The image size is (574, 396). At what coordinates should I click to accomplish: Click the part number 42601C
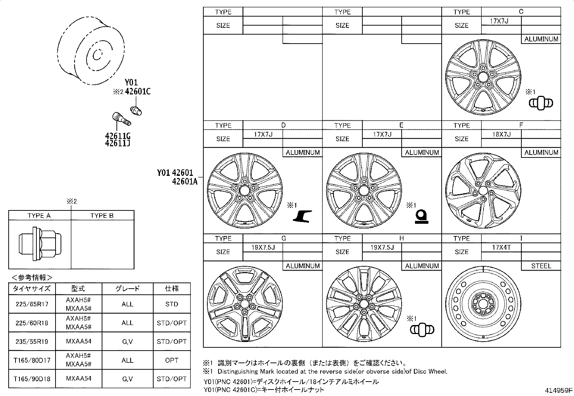[138, 92]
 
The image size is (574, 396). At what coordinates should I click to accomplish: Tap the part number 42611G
[118, 135]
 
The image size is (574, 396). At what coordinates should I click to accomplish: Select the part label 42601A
[185, 181]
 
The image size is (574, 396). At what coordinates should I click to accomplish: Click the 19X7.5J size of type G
[263, 248]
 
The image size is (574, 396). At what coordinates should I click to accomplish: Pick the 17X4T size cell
[501, 248]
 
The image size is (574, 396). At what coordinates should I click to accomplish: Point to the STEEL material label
[541, 266]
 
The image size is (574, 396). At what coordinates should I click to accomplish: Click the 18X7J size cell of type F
[502, 134]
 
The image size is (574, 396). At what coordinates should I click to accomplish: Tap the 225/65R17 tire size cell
[32, 304]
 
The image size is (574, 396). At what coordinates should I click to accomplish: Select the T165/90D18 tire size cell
[32, 379]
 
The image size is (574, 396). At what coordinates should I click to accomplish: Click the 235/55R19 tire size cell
[32, 342]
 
